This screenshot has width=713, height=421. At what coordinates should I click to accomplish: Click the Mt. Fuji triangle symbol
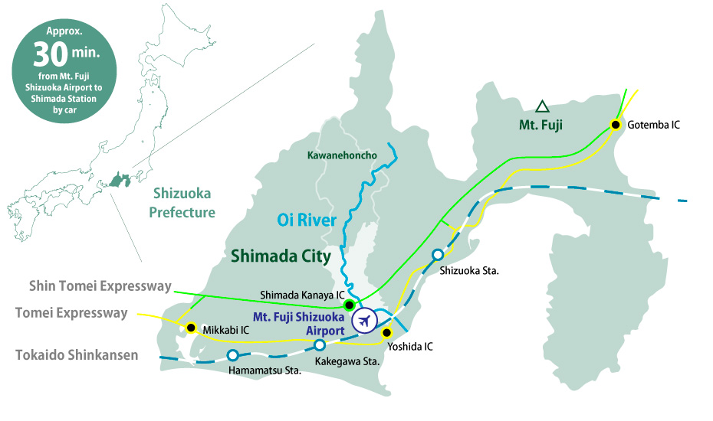tap(542, 106)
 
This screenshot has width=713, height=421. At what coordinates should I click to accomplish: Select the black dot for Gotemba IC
tap(615, 124)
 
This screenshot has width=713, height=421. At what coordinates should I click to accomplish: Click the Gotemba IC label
tap(653, 124)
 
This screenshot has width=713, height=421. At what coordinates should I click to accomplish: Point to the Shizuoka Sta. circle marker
tap(437, 255)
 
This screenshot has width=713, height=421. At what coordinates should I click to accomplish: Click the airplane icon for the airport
tap(364, 321)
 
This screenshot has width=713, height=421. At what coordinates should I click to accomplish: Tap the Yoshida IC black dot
tap(386, 332)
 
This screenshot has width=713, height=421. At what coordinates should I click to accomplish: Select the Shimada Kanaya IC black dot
tap(349, 305)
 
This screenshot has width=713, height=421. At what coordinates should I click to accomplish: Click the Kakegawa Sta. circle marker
tap(320, 344)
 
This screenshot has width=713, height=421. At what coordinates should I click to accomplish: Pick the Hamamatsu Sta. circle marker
tap(232, 354)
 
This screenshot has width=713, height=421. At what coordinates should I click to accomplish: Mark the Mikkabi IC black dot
tap(191, 328)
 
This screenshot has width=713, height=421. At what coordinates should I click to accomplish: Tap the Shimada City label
tap(281, 256)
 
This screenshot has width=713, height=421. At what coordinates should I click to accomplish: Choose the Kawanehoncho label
tap(342, 155)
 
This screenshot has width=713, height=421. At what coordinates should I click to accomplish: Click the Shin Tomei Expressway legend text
tap(100, 286)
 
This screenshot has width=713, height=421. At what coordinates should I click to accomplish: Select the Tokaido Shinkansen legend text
tap(77, 354)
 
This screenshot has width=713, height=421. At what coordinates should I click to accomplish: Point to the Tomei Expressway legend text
tap(71, 312)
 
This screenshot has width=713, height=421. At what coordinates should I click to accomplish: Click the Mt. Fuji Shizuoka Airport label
tap(299, 321)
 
